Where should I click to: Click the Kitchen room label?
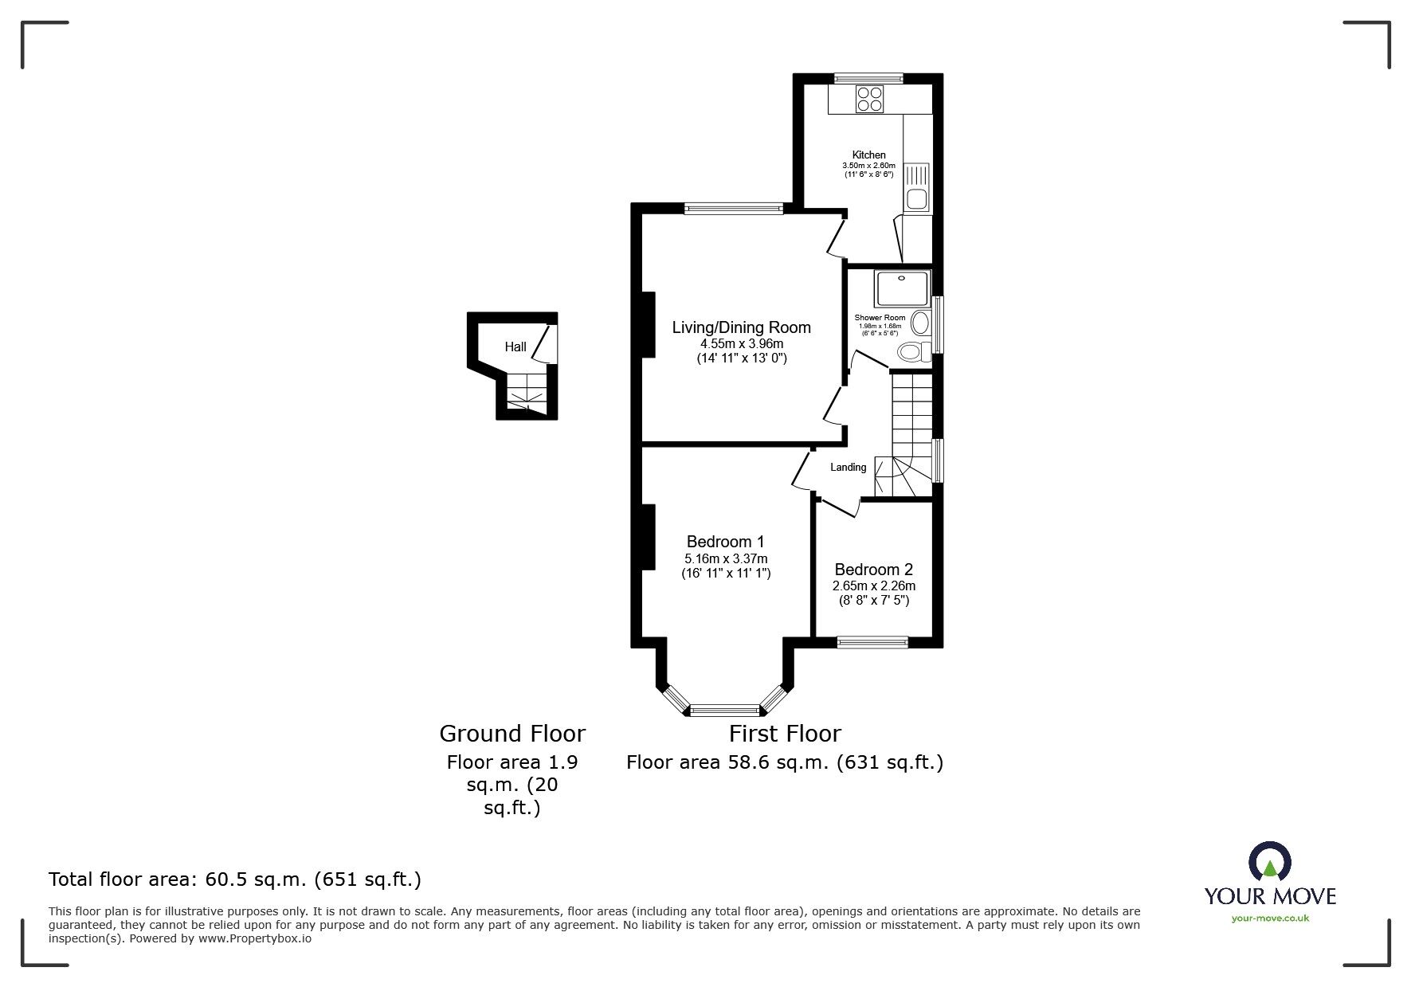coord(868,155)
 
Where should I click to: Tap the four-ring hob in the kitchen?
coord(869,100)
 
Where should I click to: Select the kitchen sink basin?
coord(917,198)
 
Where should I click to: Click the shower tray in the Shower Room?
coord(902,288)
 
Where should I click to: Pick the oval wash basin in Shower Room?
coord(919,323)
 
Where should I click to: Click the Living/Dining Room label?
coord(741,327)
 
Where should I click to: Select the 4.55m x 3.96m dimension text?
coord(741,344)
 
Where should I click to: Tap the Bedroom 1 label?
coord(725,542)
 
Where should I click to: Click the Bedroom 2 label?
coord(873,570)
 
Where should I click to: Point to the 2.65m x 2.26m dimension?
coord(873,586)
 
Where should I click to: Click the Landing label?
coord(848,468)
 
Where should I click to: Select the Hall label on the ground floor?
coord(515,347)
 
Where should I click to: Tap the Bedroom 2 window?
coord(872,642)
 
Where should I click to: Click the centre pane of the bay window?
coord(725,709)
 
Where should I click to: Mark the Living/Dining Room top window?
coord(733,209)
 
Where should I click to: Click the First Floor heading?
coord(785,733)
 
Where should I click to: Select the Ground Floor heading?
coord(512,733)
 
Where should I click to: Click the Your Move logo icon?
coord(1269,862)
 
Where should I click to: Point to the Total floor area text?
coord(235,879)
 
